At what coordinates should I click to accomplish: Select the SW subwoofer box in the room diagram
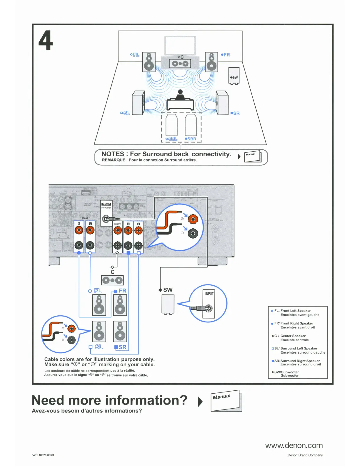pos(234,75)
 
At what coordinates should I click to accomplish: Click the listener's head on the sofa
pos(180,92)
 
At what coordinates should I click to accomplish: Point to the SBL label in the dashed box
pos(171,139)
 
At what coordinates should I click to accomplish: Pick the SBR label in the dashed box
pos(191,139)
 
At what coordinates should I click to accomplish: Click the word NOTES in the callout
pos(113,154)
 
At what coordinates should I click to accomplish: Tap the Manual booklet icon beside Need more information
pos(226,401)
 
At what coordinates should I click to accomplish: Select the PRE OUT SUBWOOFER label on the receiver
pos(106,206)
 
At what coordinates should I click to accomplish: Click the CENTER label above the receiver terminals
pos(118,224)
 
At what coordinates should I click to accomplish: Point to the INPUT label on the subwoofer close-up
pos(209,294)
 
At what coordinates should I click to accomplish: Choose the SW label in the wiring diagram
pos(168,290)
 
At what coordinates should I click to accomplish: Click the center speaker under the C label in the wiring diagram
pos(112,280)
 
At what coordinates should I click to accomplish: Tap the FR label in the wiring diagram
pos(122,291)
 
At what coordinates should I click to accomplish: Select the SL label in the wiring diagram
pos(99,347)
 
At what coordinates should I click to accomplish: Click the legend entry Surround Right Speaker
pos(300,361)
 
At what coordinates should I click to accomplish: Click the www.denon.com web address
pos(294,445)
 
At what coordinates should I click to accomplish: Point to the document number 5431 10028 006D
pos(43,455)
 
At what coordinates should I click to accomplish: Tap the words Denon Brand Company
pos(305,455)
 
